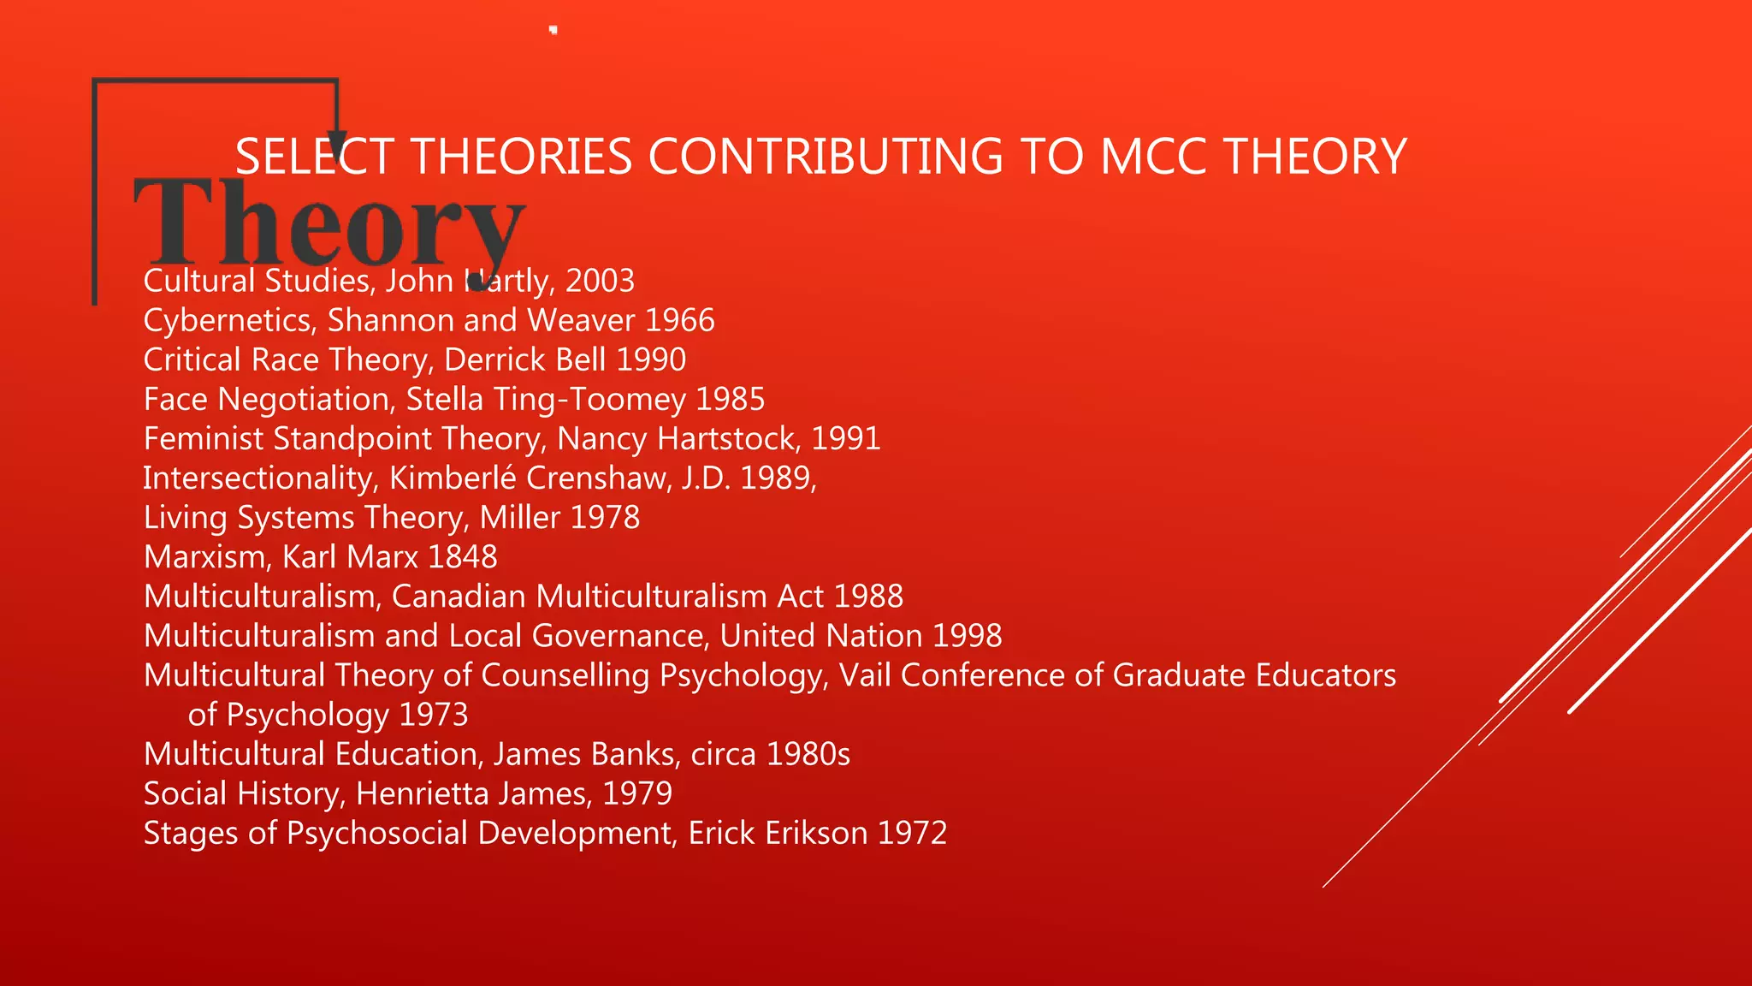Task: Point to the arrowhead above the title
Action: (x=337, y=142)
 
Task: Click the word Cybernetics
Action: (x=230, y=321)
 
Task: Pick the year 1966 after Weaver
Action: (x=679, y=320)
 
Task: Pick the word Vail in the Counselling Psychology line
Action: (x=865, y=675)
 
